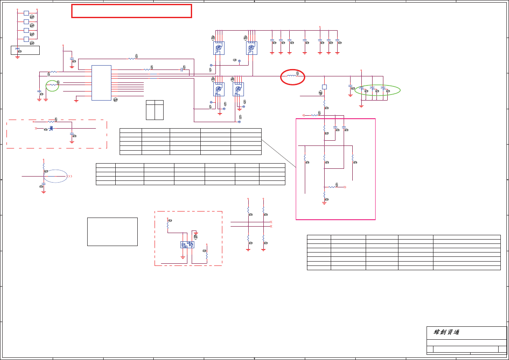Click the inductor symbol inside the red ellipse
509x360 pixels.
pyautogui.click(x=292, y=76)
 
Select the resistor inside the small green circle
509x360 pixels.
pyautogui.click(x=53, y=85)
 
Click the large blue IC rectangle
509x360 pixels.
pyautogui.click(x=101, y=83)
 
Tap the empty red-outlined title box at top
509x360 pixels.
pyautogui.click(x=131, y=11)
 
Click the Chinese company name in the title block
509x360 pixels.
pyautogui.click(x=446, y=332)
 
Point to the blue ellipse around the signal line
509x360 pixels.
pyautogui.click(x=56, y=176)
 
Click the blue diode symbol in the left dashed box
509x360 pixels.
pyautogui.click(x=51, y=129)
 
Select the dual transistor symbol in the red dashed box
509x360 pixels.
pyautogui.click(x=187, y=245)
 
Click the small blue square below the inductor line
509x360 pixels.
pyautogui.click(x=324, y=87)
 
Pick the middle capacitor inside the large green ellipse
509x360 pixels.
pyautogui.click(x=372, y=88)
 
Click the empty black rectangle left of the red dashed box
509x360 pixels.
pyautogui.click(x=112, y=232)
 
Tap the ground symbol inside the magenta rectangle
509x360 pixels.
pyautogui.click(x=324, y=202)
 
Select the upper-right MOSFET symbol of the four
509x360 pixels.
pyautogui.click(x=251, y=48)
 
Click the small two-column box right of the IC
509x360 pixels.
pyautogui.click(x=155, y=110)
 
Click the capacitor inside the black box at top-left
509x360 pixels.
pyautogui.click(x=17, y=50)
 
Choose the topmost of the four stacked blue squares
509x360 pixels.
pyautogui.click(x=26, y=13)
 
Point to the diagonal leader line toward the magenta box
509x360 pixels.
pyautogui.click(x=278, y=153)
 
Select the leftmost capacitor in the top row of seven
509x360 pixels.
pyautogui.click(x=272, y=41)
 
